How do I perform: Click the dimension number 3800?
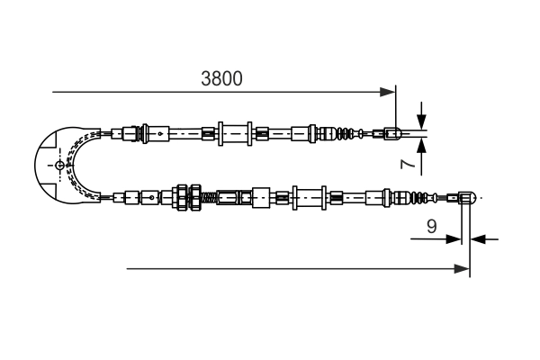[221, 79]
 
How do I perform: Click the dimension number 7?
[407, 164]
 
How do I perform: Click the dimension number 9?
[432, 227]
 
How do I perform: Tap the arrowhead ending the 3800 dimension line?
[388, 92]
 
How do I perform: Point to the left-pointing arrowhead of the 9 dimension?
[478, 239]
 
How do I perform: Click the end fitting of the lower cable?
[466, 196]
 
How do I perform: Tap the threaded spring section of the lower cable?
[208, 196]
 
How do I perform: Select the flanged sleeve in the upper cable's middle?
[233, 135]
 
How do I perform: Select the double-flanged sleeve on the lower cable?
[309, 196]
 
